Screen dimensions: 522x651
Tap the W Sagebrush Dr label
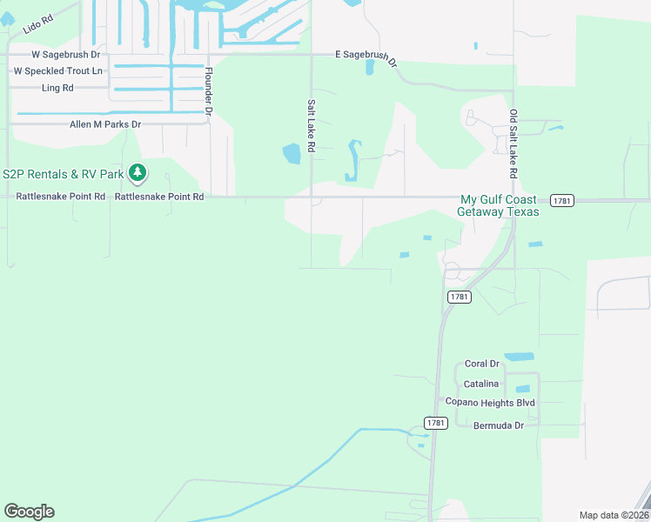[55, 54]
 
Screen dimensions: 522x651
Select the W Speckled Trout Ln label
[57, 70]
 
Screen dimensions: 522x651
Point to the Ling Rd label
[57, 88]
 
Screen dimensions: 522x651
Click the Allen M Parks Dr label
[105, 124]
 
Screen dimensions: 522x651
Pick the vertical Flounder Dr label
[210, 90]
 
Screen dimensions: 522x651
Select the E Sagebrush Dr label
[366, 57]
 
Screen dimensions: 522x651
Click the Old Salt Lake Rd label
[513, 144]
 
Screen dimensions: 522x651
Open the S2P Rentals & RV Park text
[63, 174]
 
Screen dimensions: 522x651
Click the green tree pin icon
[138, 174]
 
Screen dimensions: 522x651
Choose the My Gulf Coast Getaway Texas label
[500, 205]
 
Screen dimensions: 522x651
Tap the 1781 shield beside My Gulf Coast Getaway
[562, 201]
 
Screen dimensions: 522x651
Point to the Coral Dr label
[481, 364]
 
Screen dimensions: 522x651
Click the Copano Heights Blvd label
[490, 402]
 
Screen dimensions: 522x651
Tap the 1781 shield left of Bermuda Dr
[436, 423]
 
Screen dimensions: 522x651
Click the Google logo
[29, 511]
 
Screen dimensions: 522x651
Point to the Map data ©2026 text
[614, 515]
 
